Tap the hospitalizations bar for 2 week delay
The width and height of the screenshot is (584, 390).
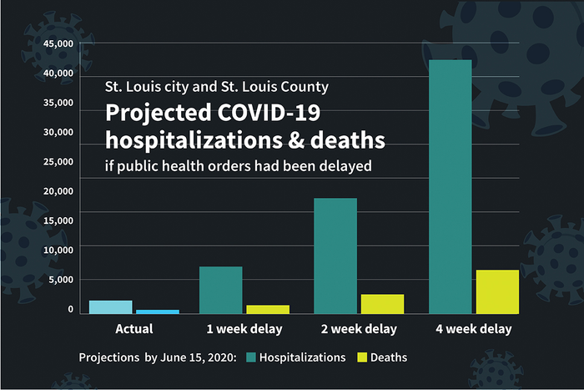click(335, 256)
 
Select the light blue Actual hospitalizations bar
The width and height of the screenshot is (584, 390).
click(111, 306)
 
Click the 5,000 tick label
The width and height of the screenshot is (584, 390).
click(63, 279)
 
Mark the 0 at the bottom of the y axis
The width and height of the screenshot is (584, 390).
click(71, 309)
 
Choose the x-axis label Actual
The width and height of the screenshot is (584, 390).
click(133, 329)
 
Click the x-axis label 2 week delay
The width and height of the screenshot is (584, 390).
click(358, 329)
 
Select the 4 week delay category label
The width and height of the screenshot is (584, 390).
click(473, 329)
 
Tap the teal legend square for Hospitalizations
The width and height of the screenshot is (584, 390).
click(250, 357)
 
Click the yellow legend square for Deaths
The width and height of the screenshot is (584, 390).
click(362, 357)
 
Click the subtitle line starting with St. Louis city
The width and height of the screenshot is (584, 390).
click(216, 87)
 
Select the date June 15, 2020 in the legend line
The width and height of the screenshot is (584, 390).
click(197, 357)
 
